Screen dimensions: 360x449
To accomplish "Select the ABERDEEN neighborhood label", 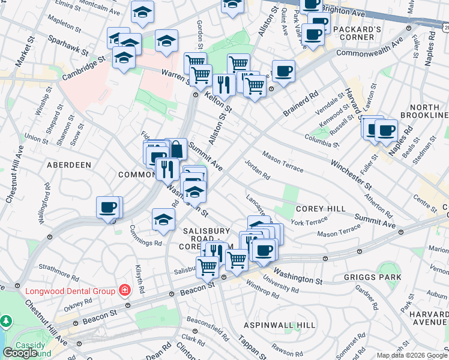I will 69,164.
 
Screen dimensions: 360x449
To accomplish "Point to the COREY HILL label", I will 321,208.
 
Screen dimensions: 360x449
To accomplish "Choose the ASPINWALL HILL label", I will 280,325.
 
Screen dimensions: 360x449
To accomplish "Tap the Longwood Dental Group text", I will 70,292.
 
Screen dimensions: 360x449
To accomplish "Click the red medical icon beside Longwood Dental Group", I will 125,291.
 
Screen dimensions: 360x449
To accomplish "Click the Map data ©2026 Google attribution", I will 412,355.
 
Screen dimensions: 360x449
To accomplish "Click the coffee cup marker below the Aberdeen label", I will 109,208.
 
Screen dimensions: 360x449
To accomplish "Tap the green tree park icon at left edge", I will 5,322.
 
